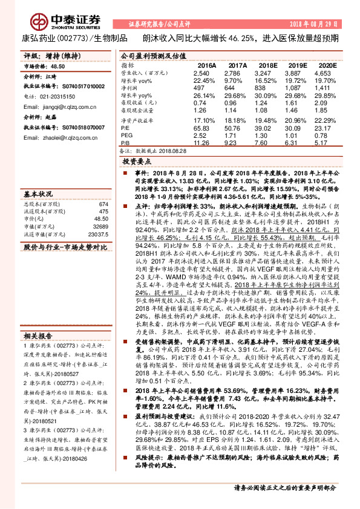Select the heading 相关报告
click(37, 334)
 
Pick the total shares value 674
click(103, 204)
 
